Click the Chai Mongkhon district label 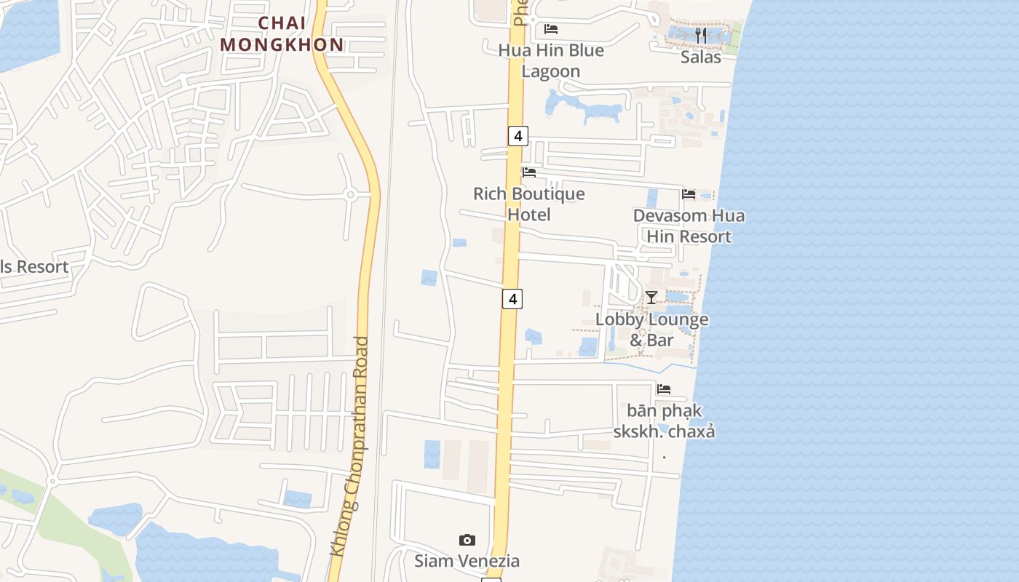tap(282, 33)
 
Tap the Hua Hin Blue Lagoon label tap(551, 60)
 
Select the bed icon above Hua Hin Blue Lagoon tap(551, 29)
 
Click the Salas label tap(700, 57)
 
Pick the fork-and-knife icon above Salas tap(700, 34)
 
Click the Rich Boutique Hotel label tap(529, 204)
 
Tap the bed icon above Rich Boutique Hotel tap(529, 172)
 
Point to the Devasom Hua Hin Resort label tap(689, 226)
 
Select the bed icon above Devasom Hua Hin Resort tap(689, 194)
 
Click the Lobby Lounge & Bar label tap(651, 329)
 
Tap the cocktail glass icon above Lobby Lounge tap(651, 298)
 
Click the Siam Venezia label tap(467, 561)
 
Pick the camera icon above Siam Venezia tap(467, 540)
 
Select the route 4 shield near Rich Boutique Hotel tap(518, 135)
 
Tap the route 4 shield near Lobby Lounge tap(512, 298)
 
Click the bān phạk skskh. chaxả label tap(664, 420)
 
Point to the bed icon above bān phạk tap(664, 389)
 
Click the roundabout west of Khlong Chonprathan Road tap(350, 194)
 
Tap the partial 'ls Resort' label tap(34, 266)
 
